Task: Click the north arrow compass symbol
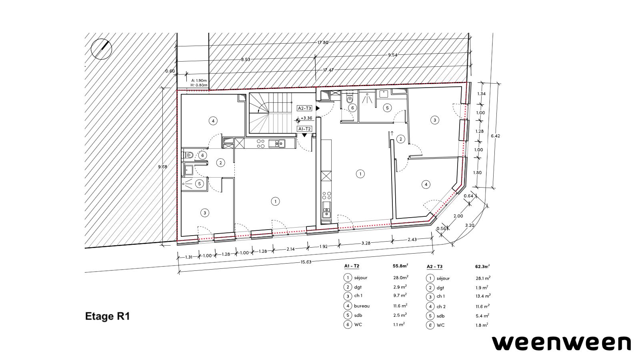point(102,49)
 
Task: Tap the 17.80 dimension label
point(323,42)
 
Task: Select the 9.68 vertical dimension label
point(162,167)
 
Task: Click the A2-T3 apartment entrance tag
point(304,108)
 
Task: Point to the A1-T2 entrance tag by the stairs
point(304,129)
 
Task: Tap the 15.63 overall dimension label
point(306,262)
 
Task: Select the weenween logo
point(561,343)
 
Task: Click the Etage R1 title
point(108,316)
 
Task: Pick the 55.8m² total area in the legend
point(400,266)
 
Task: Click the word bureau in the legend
point(362,306)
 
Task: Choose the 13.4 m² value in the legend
point(483,296)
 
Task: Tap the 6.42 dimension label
point(496,136)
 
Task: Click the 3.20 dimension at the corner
point(470,225)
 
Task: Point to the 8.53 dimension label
point(246,60)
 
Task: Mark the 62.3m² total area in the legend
point(482,266)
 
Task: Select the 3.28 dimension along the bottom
point(366,243)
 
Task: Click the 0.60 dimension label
point(170,71)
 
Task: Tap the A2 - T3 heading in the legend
point(434,266)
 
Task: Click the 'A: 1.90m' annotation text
point(199,80)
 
